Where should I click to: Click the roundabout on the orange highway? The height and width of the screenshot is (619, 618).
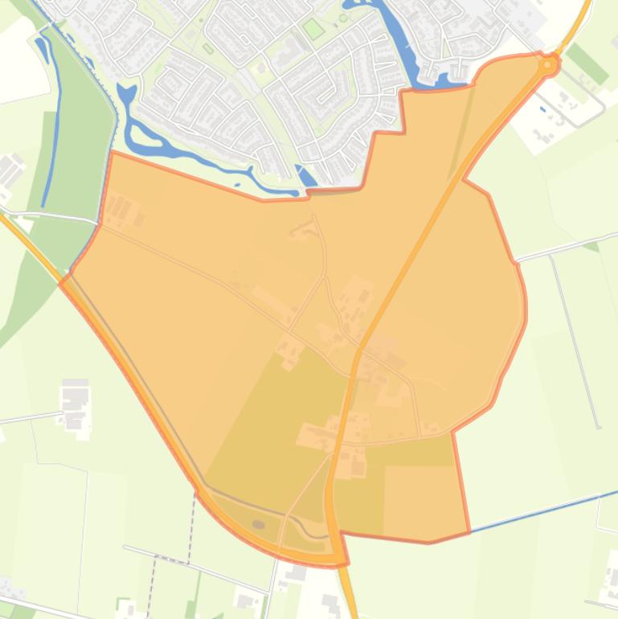coord(548,64)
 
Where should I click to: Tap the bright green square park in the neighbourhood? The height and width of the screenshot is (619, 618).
coord(313,29)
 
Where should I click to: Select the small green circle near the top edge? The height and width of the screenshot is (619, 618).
coord(343,18)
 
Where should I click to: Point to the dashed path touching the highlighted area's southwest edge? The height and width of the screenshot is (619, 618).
coord(194,514)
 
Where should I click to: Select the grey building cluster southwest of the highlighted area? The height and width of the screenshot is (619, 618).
coord(76,402)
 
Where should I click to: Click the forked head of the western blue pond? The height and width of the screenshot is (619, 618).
coord(126,95)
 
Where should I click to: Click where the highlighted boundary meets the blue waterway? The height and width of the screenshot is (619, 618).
coord(469,531)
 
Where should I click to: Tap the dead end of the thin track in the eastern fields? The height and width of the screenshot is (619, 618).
coord(598,426)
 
